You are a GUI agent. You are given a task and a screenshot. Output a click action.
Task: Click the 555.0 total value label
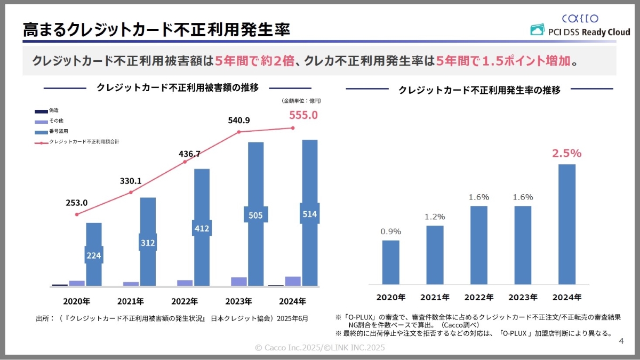[x=303, y=115]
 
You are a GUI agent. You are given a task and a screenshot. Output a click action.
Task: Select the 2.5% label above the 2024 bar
[x=566, y=154]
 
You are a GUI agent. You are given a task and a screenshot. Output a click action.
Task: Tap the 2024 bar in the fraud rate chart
[x=566, y=224]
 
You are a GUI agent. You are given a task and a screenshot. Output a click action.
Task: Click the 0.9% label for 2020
[x=391, y=231]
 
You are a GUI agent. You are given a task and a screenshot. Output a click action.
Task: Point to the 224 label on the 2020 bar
[x=94, y=255]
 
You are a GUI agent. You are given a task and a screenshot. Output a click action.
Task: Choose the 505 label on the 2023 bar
[x=255, y=215]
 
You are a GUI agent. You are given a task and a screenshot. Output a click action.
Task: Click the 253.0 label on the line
[x=77, y=203]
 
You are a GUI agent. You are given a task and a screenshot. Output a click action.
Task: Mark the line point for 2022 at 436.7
[x=185, y=162]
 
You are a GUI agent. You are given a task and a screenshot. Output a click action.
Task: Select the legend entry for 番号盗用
[x=59, y=131]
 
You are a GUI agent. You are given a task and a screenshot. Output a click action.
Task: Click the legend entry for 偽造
[x=54, y=110]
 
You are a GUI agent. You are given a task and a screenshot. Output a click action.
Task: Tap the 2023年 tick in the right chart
[x=523, y=297]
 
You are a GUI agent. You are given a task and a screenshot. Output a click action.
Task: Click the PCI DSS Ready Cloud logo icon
[x=537, y=31]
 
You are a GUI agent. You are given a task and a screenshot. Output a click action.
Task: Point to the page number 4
[x=621, y=341]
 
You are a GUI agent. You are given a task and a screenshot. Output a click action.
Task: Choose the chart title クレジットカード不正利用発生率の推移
[x=479, y=90]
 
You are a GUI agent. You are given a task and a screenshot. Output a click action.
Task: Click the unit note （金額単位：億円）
[x=301, y=101]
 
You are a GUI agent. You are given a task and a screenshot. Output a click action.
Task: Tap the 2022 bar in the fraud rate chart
[x=479, y=245]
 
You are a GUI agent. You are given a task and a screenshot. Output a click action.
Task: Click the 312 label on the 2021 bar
[x=148, y=243]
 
